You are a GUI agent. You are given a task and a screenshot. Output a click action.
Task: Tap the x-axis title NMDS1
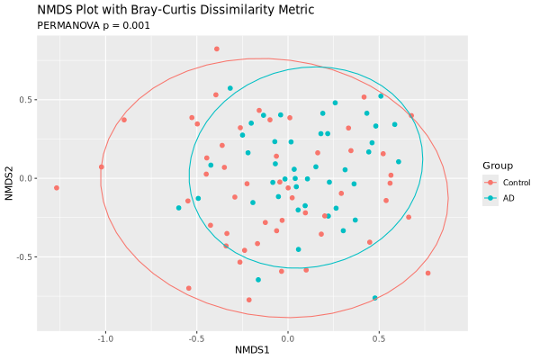pyautogui.click(x=252, y=348)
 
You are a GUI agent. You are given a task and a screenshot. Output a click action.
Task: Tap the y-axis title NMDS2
pyautogui.click(x=9, y=178)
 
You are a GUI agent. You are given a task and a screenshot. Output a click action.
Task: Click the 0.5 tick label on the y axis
pyautogui.click(x=25, y=100)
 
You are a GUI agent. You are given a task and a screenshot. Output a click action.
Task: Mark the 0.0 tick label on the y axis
pyautogui.click(x=25, y=178)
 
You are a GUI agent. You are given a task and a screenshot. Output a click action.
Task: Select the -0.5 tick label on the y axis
pyautogui.click(x=23, y=256)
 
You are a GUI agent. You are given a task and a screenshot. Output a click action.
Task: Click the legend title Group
pyautogui.click(x=497, y=166)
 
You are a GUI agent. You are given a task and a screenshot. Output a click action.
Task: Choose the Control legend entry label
pyautogui.click(x=517, y=183)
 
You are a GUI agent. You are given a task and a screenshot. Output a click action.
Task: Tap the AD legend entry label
pyautogui.click(x=508, y=198)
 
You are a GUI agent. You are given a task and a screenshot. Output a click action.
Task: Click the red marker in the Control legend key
pyautogui.click(x=490, y=183)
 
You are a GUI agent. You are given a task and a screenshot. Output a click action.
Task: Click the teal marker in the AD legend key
pyautogui.click(x=490, y=198)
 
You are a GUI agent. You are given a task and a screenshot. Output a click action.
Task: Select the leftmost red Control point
pyautogui.click(x=56, y=188)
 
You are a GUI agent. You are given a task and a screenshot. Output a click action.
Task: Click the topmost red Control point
pyautogui.click(x=217, y=49)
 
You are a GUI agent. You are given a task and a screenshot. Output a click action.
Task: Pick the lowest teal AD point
pyautogui.click(x=375, y=298)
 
